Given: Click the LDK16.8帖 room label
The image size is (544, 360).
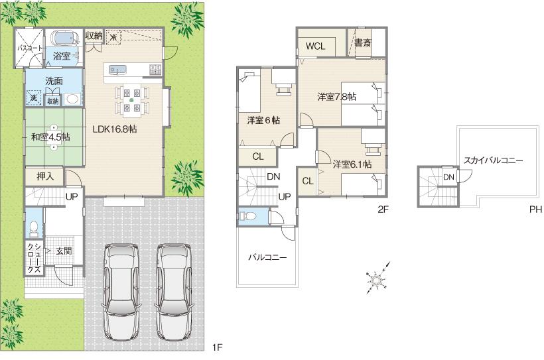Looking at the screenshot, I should click(x=114, y=130).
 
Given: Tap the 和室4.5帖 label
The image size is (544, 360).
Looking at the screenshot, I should click(x=50, y=137).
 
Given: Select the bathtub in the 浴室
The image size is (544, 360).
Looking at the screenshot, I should click(x=64, y=38).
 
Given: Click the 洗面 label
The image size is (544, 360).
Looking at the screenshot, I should click(x=54, y=81).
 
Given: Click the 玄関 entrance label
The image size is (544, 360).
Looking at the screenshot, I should click(x=64, y=251).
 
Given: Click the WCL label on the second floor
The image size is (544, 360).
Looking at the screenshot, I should click(x=315, y=46).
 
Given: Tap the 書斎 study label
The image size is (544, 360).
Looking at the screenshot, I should click(x=362, y=44).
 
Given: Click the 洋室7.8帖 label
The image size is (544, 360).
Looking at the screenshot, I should click(x=336, y=97).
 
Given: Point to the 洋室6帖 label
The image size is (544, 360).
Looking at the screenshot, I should click(x=263, y=121).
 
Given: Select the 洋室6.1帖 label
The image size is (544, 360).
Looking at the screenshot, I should click(x=352, y=164).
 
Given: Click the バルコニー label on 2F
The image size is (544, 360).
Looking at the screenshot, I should click(x=267, y=257).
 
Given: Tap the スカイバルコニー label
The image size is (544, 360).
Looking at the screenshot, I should click(x=494, y=160).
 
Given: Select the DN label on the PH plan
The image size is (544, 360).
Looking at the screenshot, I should click(x=448, y=177).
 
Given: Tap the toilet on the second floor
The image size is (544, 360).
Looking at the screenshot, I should click(x=248, y=216).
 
